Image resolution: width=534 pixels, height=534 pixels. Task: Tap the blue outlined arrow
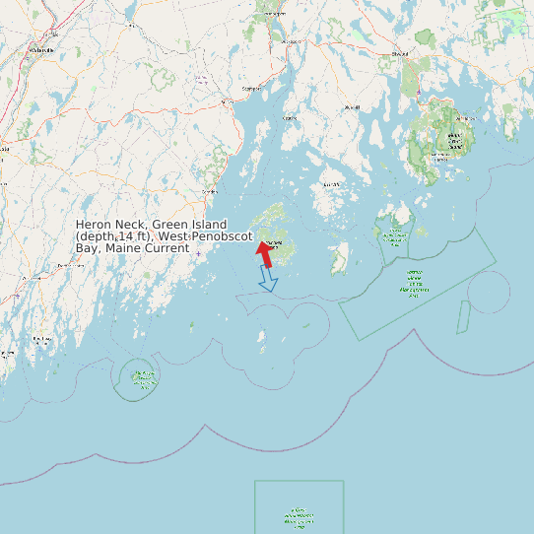[268, 281]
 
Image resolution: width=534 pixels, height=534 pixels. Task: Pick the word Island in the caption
[209, 225]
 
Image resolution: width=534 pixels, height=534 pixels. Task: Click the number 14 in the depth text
[123, 236]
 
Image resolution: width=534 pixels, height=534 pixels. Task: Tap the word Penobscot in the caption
[222, 236]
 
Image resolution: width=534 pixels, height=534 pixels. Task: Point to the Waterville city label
[42, 48]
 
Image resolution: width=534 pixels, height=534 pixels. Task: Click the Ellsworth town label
[400, 53]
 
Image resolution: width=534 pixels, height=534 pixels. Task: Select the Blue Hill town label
[351, 106]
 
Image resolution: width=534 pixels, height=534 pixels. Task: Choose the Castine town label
[290, 117]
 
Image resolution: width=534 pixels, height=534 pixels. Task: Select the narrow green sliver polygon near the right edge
[462, 317]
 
